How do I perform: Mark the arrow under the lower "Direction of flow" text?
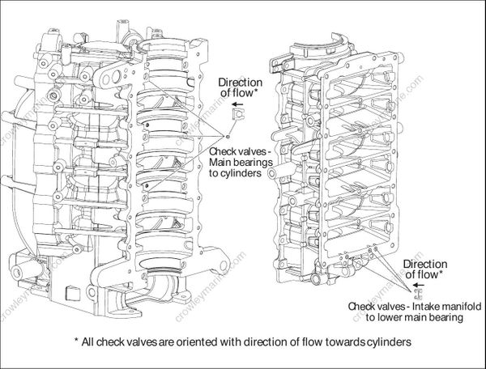point(419,284)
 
